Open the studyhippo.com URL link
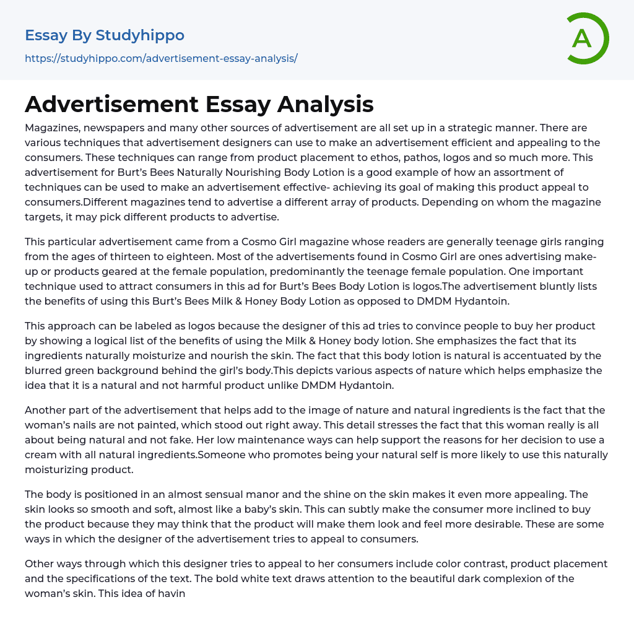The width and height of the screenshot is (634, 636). pyautogui.click(x=161, y=58)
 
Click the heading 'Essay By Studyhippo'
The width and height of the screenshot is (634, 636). pyautogui.click(x=105, y=35)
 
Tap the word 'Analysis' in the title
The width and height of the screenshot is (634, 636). pyautogui.click(x=325, y=105)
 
